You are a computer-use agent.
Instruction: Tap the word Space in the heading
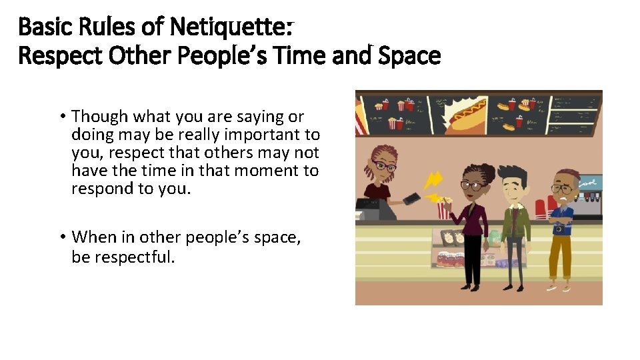409,56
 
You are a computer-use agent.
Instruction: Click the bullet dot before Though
61,117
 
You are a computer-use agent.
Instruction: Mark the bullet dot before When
61,237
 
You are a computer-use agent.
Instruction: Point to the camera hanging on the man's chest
559,228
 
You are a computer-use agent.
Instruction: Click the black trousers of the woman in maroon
473,261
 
